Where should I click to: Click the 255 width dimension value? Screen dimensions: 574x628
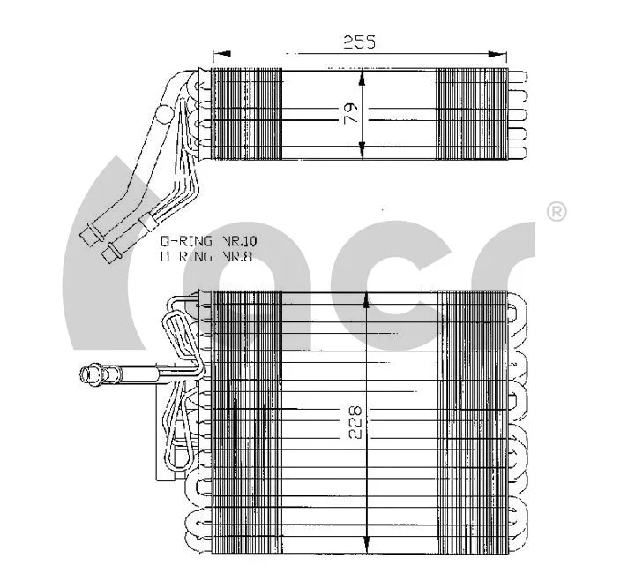(360, 42)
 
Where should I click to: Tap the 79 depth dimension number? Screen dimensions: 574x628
(350, 113)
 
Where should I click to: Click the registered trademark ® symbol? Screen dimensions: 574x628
(557, 212)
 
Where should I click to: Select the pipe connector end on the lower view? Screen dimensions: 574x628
(90, 375)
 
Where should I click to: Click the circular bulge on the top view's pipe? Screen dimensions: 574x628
(165, 115)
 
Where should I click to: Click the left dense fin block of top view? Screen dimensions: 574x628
(246, 115)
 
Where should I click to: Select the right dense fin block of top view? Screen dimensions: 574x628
(473, 115)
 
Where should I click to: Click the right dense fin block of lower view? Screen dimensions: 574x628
(473, 419)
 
